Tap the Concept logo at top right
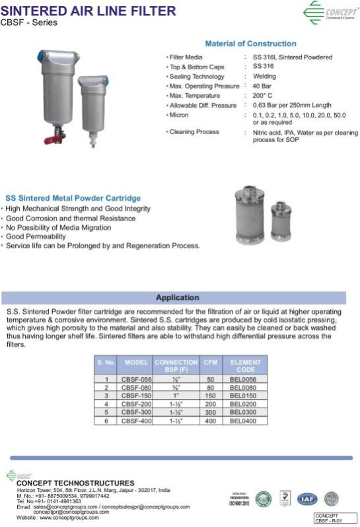[330, 12]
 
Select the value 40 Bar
[263, 86]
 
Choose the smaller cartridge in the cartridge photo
[283, 221]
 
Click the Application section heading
[177, 297]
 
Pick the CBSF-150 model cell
[136, 396]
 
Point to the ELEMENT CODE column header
[246, 366]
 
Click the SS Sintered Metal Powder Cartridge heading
[73, 198]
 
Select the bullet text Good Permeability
[37, 236]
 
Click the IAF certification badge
[306, 499]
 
